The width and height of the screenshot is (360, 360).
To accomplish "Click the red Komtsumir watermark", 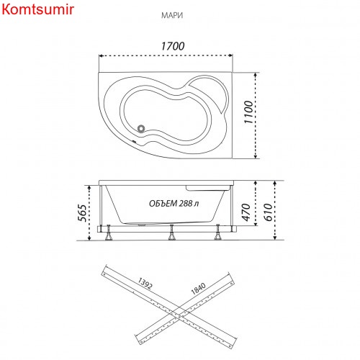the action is click(x=37, y=9).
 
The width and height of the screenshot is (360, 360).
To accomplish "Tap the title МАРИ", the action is click(x=172, y=15).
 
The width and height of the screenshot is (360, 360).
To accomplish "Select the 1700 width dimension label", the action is click(x=173, y=46).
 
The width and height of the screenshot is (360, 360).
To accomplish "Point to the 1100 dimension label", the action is click(x=248, y=112).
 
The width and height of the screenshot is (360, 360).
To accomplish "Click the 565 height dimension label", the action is click(x=82, y=213).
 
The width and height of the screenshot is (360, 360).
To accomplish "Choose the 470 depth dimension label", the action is click(x=246, y=212).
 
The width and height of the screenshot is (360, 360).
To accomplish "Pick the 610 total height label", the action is click(x=269, y=212).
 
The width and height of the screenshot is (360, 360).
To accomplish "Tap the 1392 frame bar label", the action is click(x=145, y=284).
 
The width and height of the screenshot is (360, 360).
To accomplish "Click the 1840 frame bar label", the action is click(x=198, y=289).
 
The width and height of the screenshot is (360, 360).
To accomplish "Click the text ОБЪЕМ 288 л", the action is click(x=174, y=204).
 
